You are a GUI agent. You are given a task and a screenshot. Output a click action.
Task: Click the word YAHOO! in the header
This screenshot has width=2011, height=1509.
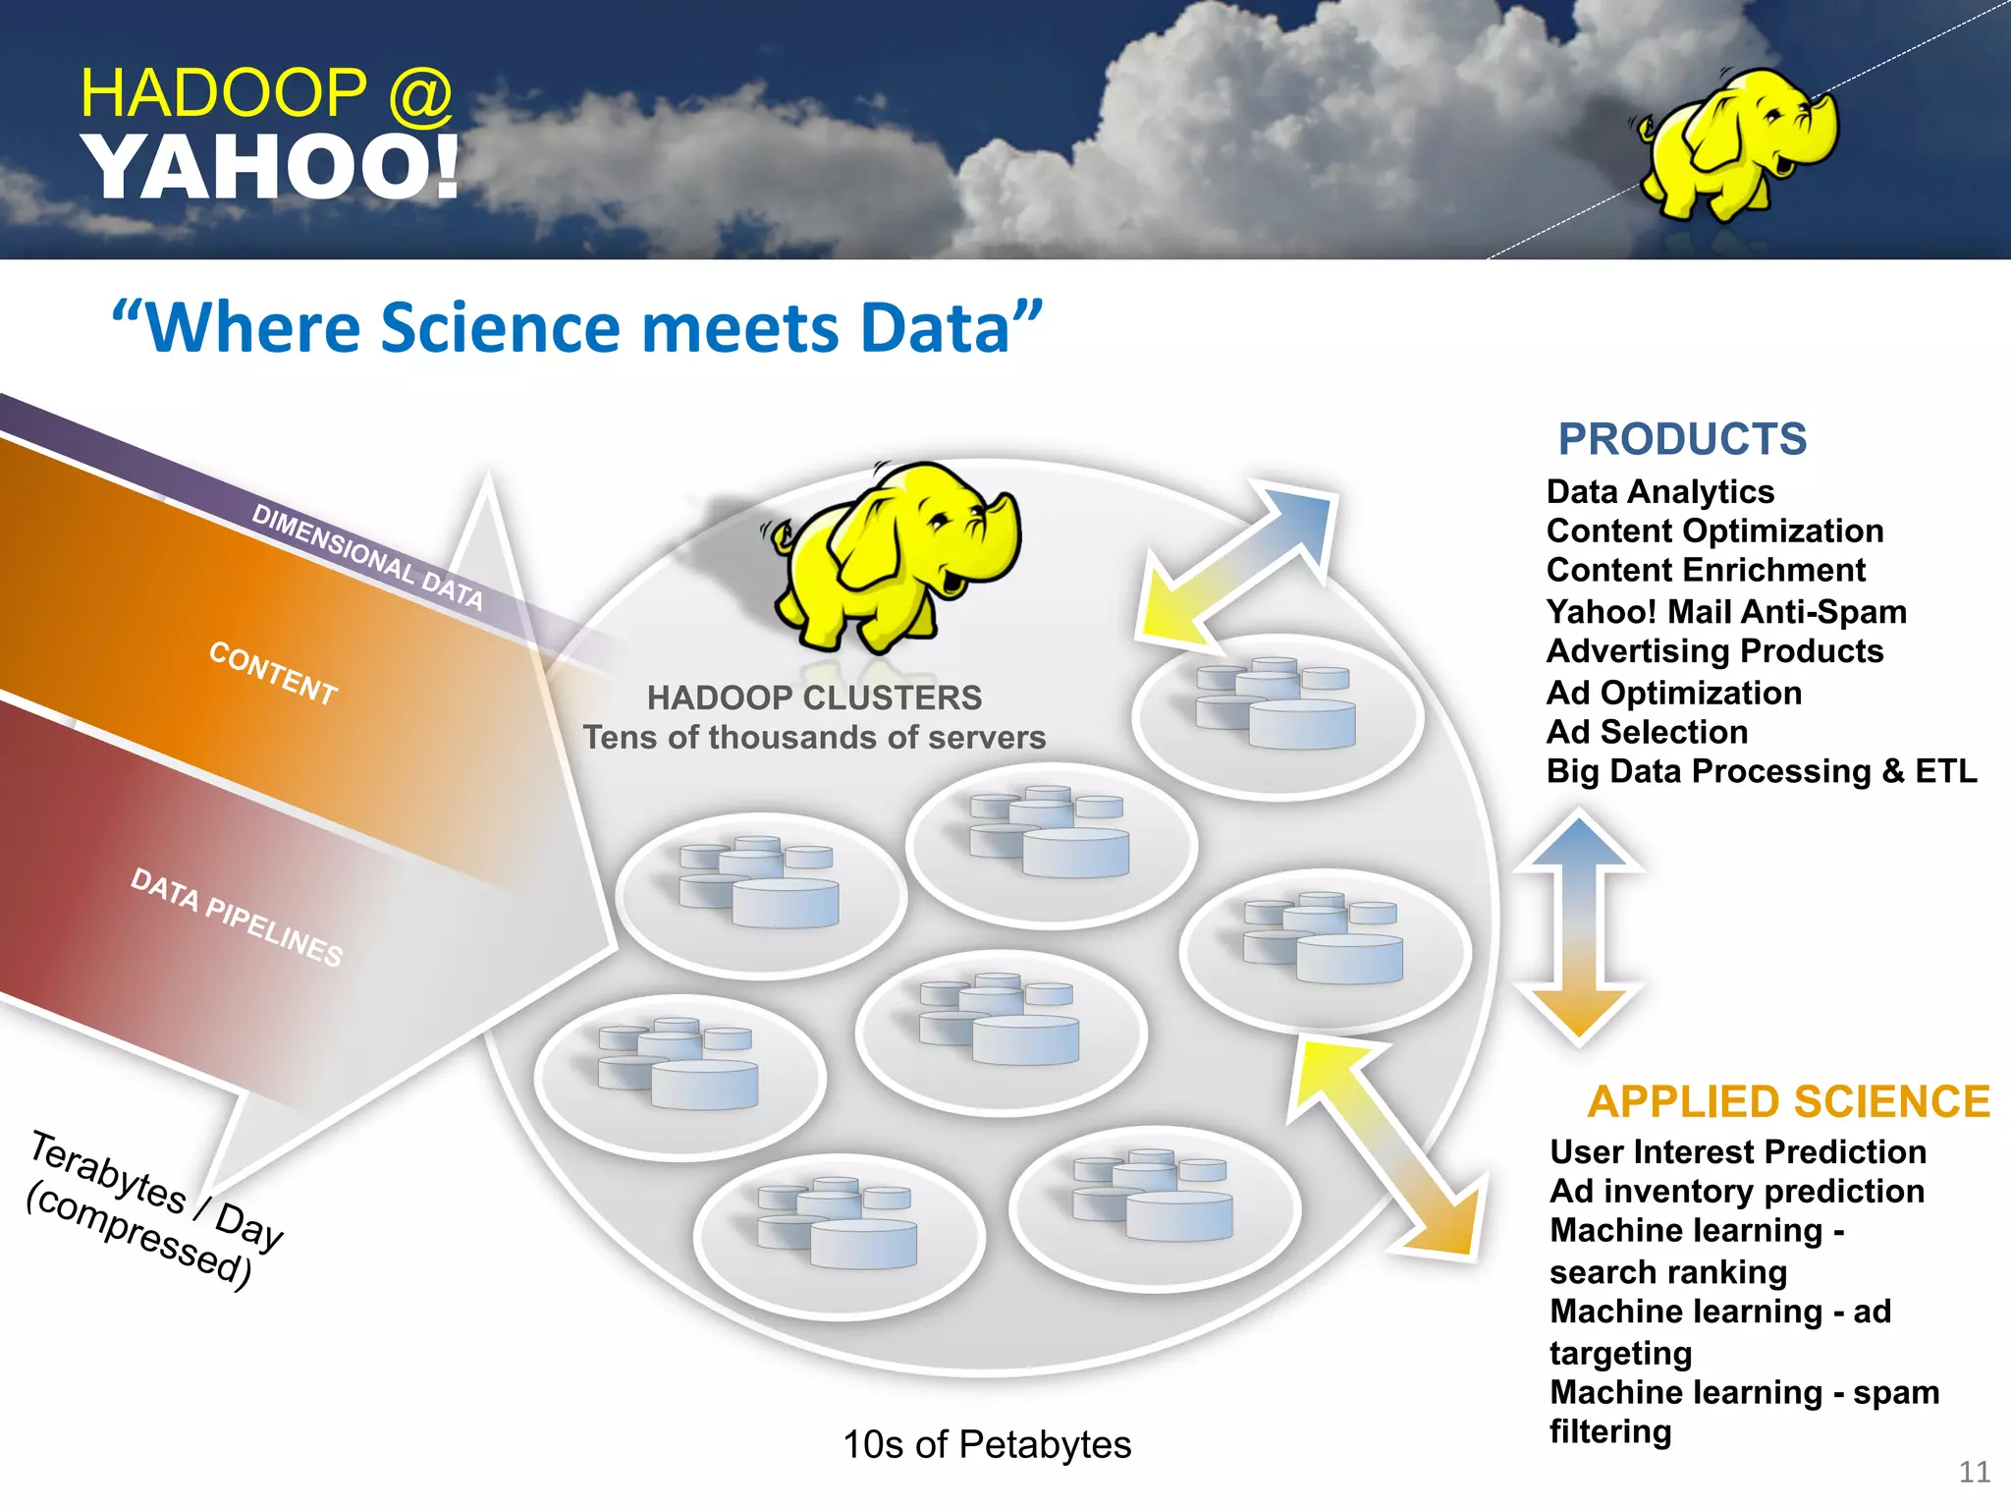click(271, 167)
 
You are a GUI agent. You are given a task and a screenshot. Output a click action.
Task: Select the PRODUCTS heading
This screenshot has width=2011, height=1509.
click(1682, 439)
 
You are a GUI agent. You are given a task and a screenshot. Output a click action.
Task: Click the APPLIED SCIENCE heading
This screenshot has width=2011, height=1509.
click(1788, 1102)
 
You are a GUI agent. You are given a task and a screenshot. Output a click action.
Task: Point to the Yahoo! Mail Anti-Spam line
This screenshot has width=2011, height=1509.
click(1726, 612)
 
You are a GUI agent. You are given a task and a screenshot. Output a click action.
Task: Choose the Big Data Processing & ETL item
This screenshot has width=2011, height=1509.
click(1762, 771)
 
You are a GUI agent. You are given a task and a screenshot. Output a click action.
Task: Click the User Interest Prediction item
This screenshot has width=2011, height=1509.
click(1738, 1151)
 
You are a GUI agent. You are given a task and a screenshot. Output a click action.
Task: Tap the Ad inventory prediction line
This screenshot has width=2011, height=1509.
click(1737, 1192)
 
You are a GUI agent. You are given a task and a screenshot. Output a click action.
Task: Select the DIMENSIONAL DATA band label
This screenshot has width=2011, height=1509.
click(367, 556)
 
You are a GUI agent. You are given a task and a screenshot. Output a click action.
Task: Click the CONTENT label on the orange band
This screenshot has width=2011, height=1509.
click(273, 673)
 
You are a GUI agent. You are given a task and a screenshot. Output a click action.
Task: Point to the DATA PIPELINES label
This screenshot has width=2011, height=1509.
click(237, 917)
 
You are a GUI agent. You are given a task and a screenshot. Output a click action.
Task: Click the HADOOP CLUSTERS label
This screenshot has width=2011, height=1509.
click(814, 698)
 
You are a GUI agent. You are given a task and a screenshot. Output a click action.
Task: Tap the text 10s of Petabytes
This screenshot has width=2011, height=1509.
click(987, 1444)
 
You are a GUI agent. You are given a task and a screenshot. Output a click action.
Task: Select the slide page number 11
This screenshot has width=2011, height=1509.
click(1974, 1472)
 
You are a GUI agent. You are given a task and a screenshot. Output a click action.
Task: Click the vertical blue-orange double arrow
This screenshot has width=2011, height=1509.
click(1578, 926)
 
